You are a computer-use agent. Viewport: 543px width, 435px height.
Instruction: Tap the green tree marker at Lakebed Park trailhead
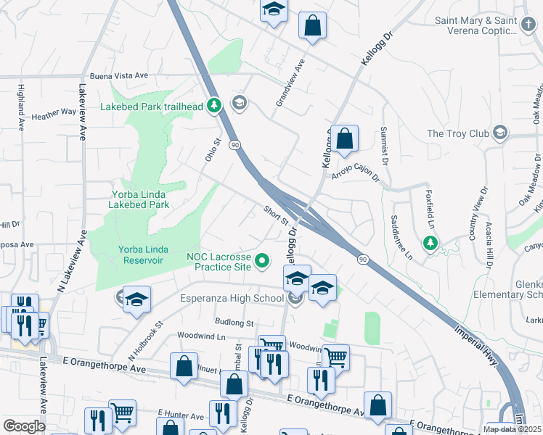tap(213, 106)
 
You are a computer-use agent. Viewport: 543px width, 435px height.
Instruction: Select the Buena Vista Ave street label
tap(119, 75)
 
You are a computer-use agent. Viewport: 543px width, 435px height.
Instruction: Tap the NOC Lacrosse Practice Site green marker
tap(264, 259)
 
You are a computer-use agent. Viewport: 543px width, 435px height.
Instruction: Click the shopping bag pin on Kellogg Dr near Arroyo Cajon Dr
tap(346, 138)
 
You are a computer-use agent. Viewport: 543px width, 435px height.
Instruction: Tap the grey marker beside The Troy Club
tap(499, 133)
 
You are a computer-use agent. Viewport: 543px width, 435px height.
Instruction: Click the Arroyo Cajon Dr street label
tap(356, 173)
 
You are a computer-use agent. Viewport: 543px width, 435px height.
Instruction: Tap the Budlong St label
tap(234, 322)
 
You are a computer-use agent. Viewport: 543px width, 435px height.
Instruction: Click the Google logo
tap(24, 426)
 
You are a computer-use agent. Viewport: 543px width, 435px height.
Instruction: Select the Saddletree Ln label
tap(400, 238)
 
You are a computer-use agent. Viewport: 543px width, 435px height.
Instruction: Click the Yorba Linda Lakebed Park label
tap(140, 199)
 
